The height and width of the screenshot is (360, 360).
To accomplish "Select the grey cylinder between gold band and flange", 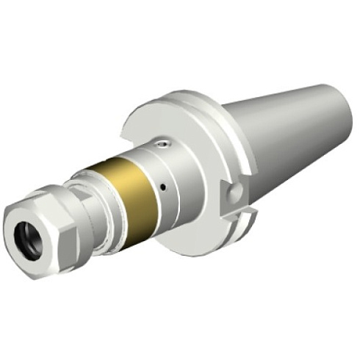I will click(180, 173).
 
